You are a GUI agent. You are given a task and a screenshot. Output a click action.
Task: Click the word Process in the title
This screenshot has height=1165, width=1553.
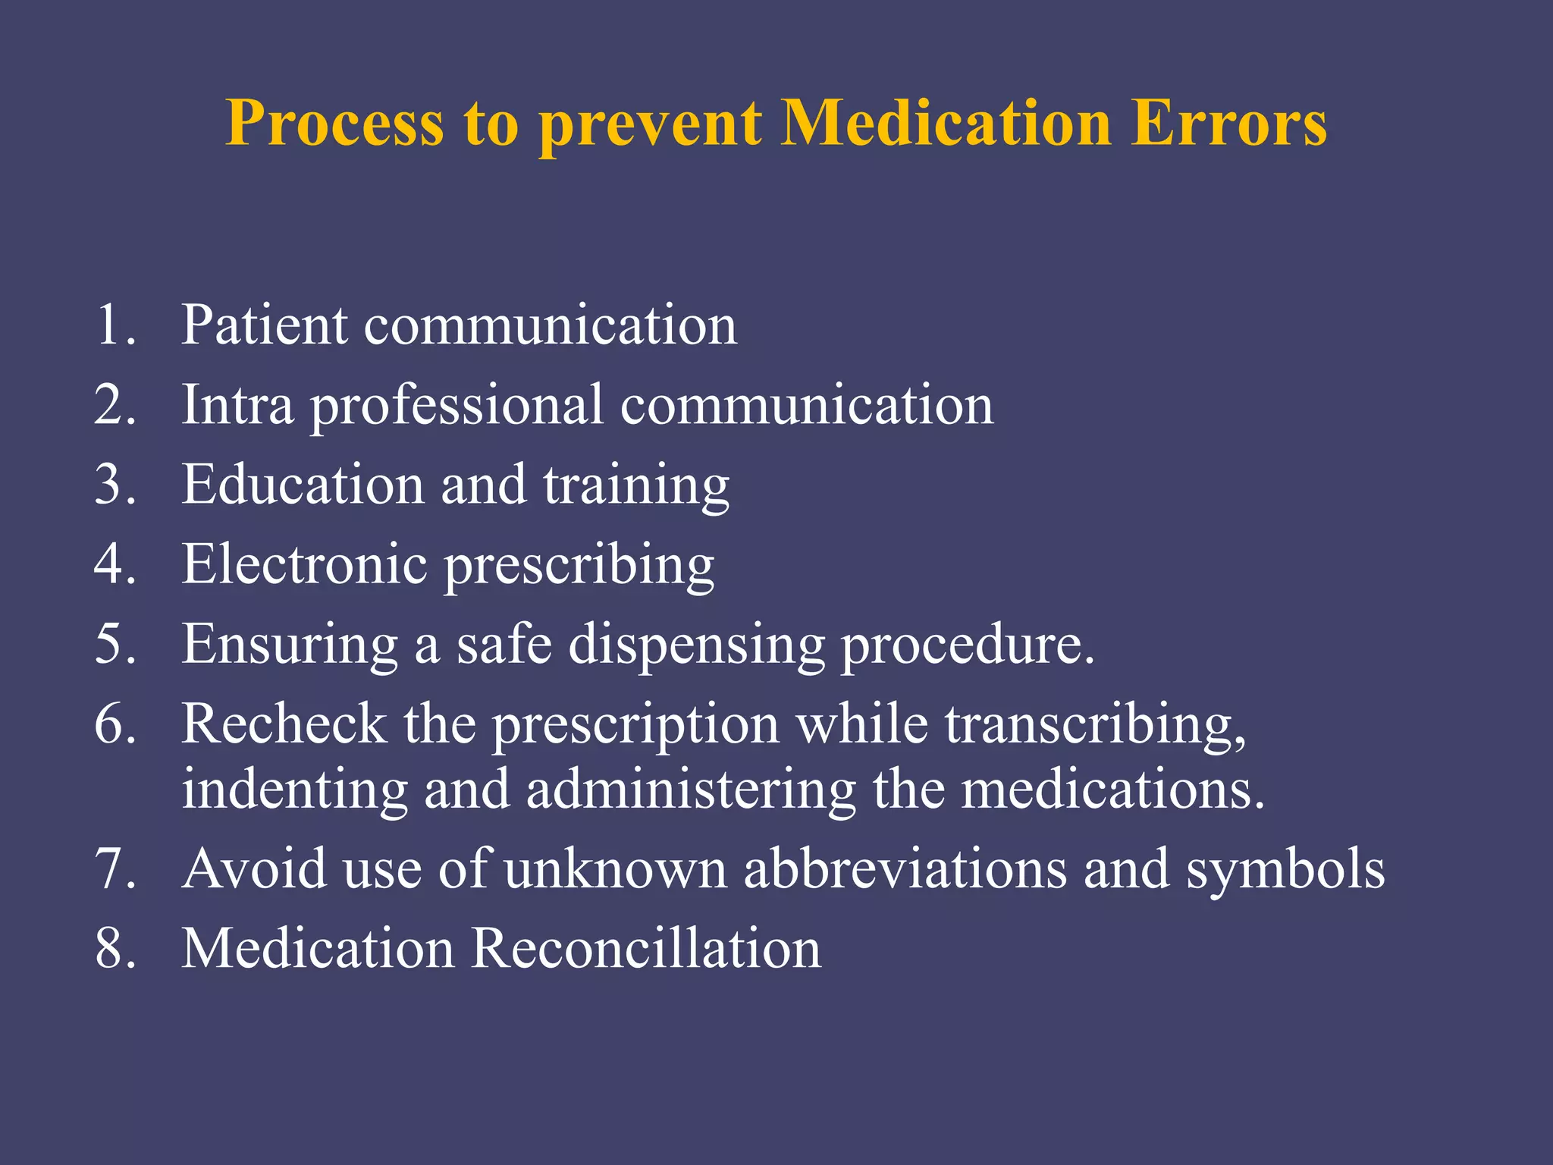tap(334, 123)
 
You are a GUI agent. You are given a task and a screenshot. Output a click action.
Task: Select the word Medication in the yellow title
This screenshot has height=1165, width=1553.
tap(946, 123)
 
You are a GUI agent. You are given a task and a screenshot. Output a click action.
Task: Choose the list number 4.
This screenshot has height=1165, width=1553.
tap(115, 564)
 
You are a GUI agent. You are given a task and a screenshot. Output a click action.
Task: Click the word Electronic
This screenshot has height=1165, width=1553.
tap(304, 564)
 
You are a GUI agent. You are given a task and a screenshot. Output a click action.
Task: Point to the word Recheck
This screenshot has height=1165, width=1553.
tap(284, 724)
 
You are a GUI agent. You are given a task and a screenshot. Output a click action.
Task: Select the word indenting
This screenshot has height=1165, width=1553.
tap(294, 791)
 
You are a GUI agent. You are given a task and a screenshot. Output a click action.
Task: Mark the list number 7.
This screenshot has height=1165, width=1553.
tap(115, 869)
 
